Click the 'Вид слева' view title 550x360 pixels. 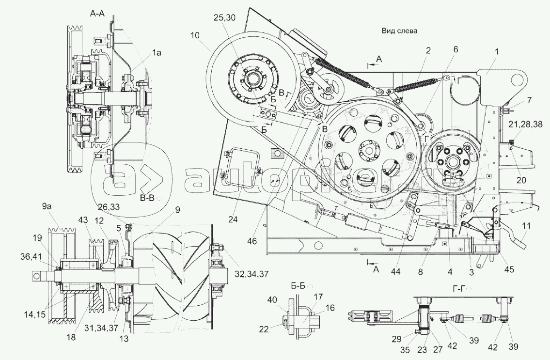(x=399, y=30)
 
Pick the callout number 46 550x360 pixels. (x=251, y=240)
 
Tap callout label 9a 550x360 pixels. (x=47, y=206)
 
